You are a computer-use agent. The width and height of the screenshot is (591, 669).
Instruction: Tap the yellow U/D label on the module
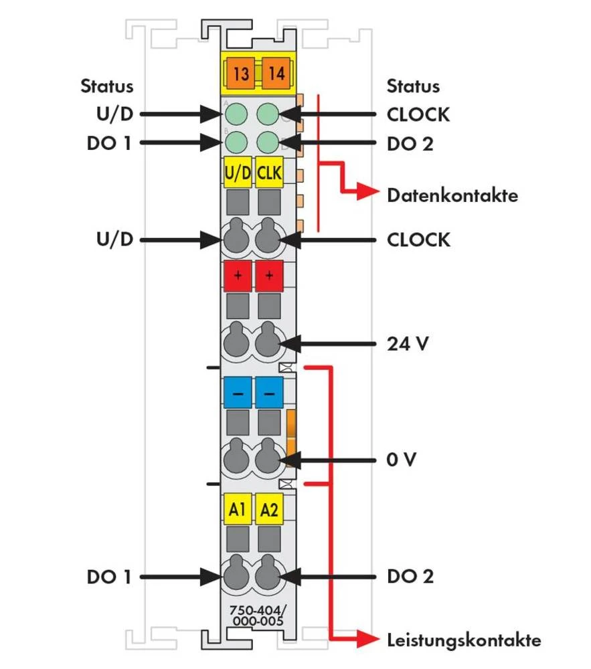pos(237,173)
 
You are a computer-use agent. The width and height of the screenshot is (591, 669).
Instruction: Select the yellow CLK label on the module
pos(269,173)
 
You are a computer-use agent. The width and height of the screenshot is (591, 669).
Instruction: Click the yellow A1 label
pos(237,510)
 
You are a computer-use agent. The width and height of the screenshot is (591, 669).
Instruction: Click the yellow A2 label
pos(269,510)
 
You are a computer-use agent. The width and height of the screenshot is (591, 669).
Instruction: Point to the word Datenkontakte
pos(452,196)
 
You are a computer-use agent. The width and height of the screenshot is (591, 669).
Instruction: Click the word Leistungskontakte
pos(464,640)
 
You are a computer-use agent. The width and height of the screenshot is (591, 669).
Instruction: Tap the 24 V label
pos(408,344)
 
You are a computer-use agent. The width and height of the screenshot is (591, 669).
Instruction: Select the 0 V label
pos(403,460)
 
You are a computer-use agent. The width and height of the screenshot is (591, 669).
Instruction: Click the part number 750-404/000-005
pos(256,616)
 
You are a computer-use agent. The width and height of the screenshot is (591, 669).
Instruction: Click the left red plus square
pos(237,276)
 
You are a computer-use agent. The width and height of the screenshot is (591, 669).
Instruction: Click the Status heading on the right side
pos(413,86)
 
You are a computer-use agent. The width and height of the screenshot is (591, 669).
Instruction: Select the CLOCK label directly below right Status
pos(418,114)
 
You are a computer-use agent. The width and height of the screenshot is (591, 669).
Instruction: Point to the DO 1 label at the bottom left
pos(109,577)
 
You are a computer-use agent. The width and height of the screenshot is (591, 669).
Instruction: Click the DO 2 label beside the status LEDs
pos(410,143)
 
